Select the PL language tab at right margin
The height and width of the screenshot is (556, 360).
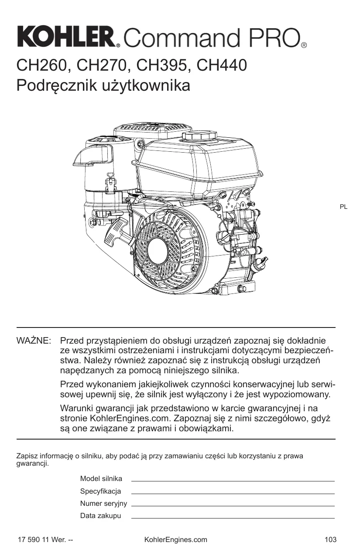(343, 207)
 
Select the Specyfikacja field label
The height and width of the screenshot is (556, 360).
(100, 491)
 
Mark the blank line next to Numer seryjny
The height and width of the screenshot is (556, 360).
(233, 505)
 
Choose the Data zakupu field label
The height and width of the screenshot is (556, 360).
(100, 516)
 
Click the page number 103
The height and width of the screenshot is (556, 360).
(331, 540)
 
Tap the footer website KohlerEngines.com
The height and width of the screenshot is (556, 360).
(175, 540)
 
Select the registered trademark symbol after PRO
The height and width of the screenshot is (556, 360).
(304, 45)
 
